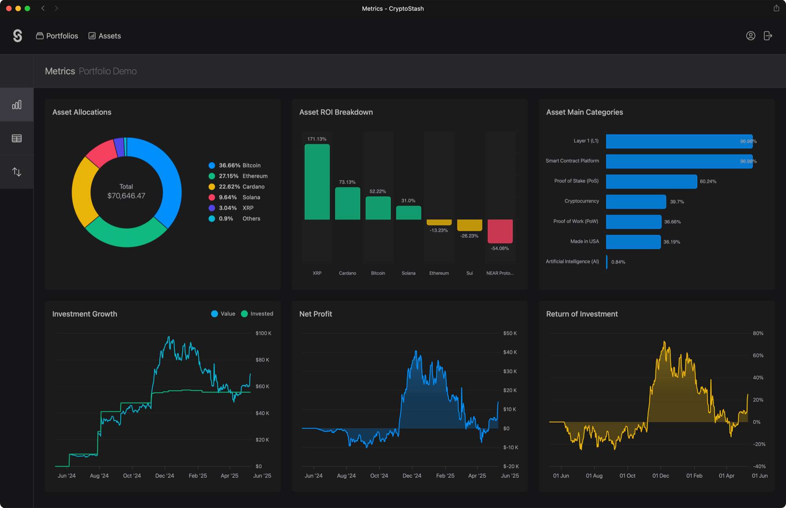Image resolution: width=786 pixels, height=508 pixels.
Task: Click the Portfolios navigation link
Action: pos(57,36)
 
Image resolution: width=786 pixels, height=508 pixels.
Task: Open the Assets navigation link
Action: pos(105,36)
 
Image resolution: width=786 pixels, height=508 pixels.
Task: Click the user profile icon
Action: pos(750,36)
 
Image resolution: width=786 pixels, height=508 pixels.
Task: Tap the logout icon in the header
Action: pos(768,36)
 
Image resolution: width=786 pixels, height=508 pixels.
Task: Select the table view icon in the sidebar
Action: pos(17,138)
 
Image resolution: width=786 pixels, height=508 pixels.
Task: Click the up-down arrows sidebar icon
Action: pos(17,172)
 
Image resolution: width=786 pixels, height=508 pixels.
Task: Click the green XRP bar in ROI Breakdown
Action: pos(317,182)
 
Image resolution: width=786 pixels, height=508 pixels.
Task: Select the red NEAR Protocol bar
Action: pos(500,231)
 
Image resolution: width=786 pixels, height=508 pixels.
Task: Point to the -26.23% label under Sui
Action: pos(469,236)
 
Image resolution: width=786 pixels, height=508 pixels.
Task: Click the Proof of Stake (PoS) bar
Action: pos(651,182)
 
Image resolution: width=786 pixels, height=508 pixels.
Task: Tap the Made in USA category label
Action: pos(584,241)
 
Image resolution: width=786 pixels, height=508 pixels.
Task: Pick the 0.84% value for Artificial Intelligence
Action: pos(618,262)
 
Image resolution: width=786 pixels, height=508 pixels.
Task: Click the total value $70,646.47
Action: pos(126,196)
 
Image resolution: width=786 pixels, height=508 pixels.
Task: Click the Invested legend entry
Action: pos(257,314)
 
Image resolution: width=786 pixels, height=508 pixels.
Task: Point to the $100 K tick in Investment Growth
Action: pos(263,333)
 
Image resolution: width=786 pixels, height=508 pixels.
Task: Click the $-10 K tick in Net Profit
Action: pos(510,447)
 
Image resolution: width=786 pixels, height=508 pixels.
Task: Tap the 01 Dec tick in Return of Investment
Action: pos(661,476)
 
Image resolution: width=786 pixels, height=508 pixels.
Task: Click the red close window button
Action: pos(9,8)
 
